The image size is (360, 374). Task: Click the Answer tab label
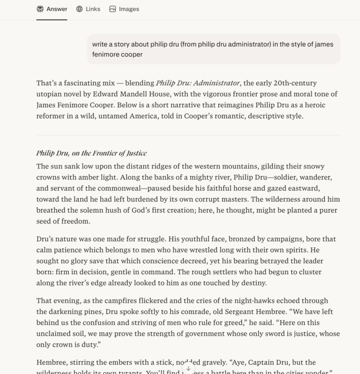coord(57,9)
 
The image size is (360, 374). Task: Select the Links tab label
coord(93,9)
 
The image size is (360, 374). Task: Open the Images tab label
coord(129,9)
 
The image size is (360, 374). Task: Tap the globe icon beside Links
coord(79,9)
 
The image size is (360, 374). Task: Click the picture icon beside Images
coord(112,9)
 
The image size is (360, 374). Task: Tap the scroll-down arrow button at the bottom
coord(188,369)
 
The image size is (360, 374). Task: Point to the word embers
coord(118,362)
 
